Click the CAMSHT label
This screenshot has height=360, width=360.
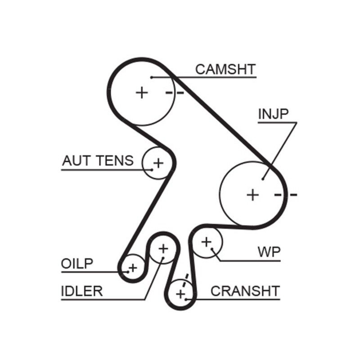tap(225, 69)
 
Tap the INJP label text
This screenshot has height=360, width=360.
tap(273, 114)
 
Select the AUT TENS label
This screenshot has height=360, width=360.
tap(98, 161)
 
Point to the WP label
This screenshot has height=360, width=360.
tap(269, 252)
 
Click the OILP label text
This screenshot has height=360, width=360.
tap(77, 264)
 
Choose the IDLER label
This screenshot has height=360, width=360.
tap(82, 291)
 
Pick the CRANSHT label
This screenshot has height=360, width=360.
tap(245, 291)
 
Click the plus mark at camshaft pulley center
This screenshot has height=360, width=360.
tap(142, 93)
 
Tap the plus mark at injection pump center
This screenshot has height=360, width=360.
tap(253, 195)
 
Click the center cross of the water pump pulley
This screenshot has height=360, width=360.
tap(206, 242)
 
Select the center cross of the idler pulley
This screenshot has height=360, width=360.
tap(163, 248)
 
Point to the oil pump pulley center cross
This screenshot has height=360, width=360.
tap(132, 268)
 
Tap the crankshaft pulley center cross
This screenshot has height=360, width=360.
tap(180, 295)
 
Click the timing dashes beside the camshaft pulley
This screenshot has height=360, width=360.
tap(175, 93)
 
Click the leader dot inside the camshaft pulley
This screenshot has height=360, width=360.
tap(152, 77)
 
